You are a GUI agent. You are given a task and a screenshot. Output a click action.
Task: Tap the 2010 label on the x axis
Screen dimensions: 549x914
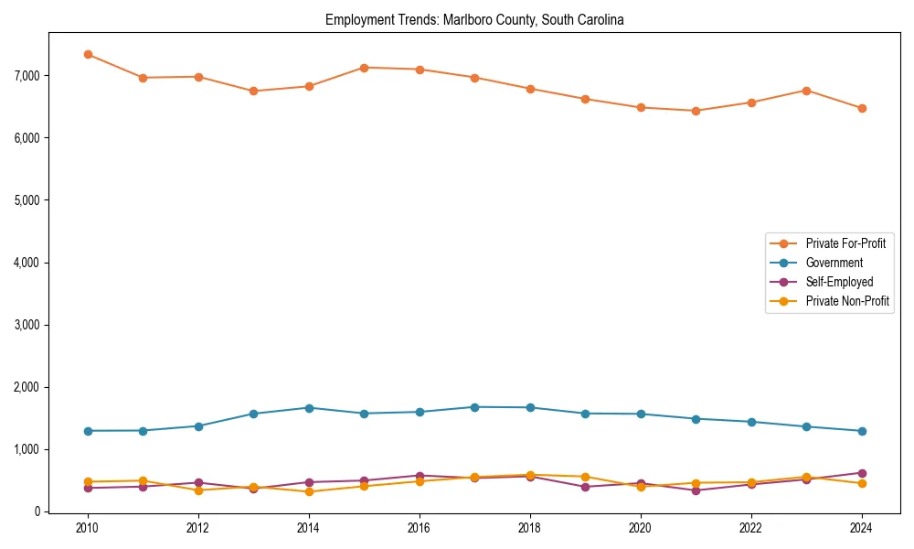(88, 528)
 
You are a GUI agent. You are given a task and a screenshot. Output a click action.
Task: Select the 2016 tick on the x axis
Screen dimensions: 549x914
(420, 528)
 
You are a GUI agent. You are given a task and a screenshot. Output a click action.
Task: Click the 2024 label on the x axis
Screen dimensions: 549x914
(861, 528)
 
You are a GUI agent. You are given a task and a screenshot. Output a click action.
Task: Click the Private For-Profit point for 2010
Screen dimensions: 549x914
(88, 54)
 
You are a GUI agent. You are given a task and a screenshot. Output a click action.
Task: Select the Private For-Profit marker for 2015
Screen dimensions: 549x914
(364, 68)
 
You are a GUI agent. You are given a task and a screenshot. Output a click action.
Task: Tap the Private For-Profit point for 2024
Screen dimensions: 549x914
(861, 108)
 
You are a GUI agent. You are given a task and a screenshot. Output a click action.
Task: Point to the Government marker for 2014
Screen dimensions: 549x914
(309, 408)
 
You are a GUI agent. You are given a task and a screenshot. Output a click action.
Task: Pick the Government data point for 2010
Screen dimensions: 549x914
(88, 431)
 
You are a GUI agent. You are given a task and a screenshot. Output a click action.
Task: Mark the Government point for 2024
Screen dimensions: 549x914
(861, 431)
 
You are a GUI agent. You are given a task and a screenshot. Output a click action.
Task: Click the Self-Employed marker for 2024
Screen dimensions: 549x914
(861, 473)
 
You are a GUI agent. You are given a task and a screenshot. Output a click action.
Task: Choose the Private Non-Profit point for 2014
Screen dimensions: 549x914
(309, 491)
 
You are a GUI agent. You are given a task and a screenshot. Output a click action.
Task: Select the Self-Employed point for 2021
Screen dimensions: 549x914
(696, 490)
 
